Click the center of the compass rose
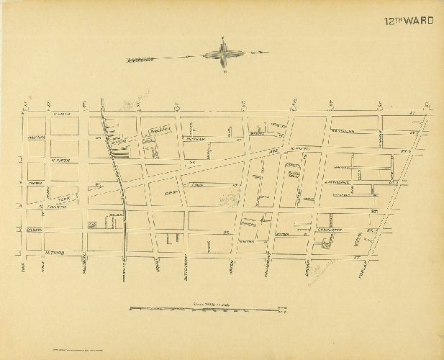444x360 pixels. coord(224,54)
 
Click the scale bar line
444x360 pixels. coord(209,309)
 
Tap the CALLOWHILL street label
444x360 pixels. coord(83,265)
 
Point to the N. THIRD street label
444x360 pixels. coord(36,253)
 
